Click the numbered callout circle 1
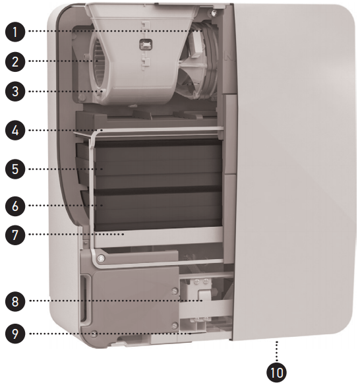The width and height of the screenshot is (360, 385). point(15,32)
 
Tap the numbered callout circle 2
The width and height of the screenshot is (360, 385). point(15,61)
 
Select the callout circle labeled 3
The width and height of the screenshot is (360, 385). point(15,92)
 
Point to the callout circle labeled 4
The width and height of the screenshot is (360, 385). point(15,130)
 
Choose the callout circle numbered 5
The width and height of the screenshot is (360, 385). point(15,169)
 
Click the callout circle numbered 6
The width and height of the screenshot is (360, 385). point(15,206)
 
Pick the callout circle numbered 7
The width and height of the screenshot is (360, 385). point(15,235)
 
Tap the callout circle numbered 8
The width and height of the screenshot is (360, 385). point(15,301)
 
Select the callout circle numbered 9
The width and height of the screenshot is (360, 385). point(15,334)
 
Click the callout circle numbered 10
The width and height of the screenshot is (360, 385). point(276,372)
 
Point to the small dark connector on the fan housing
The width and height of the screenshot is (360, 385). point(146,45)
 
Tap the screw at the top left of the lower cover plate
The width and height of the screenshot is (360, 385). point(101,258)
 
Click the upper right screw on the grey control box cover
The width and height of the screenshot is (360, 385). point(175,291)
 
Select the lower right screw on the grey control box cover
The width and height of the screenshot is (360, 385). point(175,326)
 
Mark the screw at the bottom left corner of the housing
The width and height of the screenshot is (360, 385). point(94,334)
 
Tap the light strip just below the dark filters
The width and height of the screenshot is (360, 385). point(158,237)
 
